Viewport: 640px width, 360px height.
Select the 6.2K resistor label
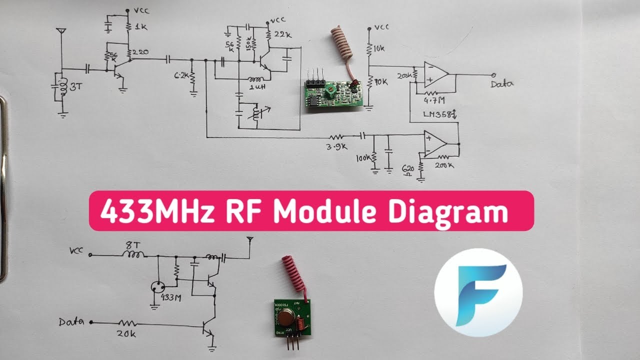tap(181, 76)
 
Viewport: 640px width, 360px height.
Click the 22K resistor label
tap(283, 33)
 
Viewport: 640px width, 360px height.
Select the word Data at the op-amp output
tap(501, 83)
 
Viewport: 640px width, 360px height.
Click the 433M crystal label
tap(170, 298)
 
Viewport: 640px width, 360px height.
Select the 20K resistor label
tap(128, 333)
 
